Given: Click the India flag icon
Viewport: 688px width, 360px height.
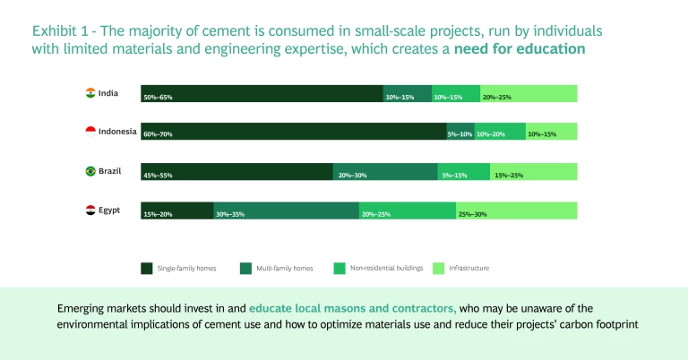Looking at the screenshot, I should pos(90,92).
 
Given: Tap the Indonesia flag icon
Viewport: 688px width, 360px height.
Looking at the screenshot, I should pos(90,131).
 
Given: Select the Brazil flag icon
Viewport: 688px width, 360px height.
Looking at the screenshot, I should pos(90,171).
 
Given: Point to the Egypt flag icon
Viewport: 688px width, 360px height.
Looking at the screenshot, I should pos(90,210).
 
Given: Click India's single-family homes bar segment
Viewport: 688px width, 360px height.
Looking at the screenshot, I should pos(262,93).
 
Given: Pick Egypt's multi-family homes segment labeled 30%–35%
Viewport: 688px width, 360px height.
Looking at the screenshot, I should pos(286,210).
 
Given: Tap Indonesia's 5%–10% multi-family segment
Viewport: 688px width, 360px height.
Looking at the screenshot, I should pos(460,132).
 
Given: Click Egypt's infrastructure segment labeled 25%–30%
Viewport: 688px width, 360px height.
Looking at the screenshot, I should pos(516,210).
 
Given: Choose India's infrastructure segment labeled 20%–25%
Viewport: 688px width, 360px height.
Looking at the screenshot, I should pos(529,93).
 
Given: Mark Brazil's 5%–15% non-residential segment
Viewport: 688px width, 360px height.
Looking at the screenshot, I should pos(463,171).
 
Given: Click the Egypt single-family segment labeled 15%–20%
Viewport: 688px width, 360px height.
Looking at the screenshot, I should pos(176,210).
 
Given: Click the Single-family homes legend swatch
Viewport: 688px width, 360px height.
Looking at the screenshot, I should pos(147,268).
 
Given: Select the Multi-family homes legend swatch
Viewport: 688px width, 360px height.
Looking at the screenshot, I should pos(245,268).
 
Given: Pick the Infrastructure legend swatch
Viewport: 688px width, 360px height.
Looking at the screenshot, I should pos(439,268).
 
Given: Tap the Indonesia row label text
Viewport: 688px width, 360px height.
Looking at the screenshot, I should pos(117,132).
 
